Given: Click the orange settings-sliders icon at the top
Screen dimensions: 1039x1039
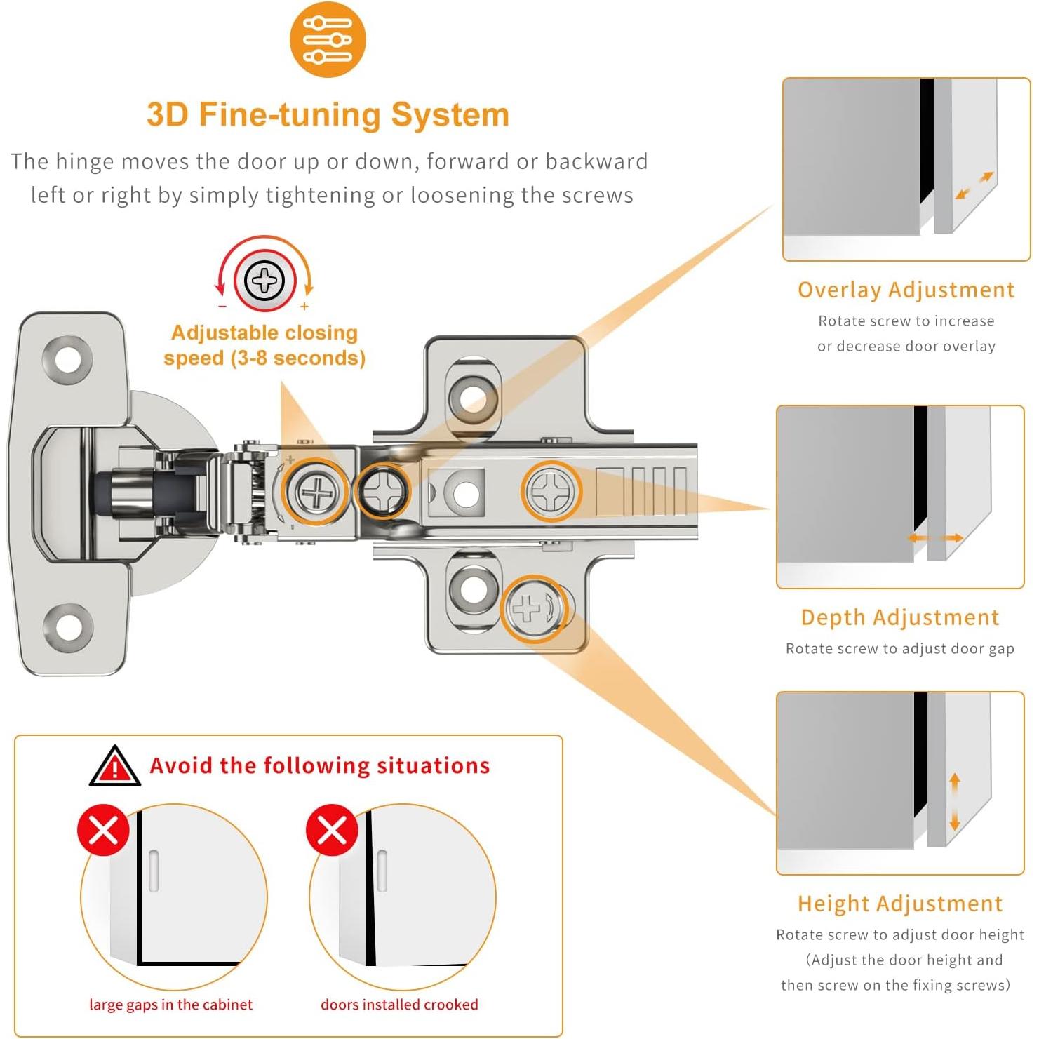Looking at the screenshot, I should pos(328,39).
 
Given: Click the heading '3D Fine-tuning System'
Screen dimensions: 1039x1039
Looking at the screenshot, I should pos(328,114).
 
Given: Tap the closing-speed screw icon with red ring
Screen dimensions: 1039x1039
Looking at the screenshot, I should pos(264,281).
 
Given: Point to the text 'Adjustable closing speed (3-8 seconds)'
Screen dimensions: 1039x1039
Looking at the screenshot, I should pos(264,345).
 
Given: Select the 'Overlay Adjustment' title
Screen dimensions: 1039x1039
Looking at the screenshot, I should pos(906,290).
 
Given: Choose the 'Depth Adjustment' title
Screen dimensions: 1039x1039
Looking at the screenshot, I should pos(900,617).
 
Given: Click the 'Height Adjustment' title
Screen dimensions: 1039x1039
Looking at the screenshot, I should pos(900,904).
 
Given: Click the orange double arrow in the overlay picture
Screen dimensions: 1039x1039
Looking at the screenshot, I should pos(974,185).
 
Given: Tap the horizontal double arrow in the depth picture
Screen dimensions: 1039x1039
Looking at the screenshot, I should pos(935,538).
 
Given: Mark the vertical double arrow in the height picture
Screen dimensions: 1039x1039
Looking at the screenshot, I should pos(954,803).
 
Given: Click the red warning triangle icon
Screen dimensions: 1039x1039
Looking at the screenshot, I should pos(114,767).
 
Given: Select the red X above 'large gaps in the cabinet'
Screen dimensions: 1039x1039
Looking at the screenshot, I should pos(104,831).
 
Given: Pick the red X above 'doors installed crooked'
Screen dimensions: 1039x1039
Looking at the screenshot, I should pos(332,831).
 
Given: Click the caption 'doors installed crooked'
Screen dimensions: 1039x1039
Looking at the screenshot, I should pos(399,1005).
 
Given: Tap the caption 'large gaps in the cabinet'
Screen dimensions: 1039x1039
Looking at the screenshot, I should pos(170,1005).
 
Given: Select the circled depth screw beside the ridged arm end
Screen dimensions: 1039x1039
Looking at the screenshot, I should pos(551,491).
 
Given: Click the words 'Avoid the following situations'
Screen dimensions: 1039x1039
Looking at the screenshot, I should pos(320,765).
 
